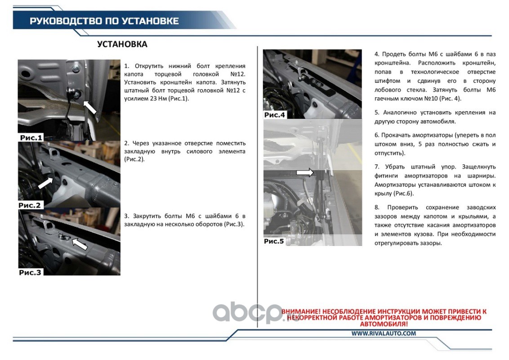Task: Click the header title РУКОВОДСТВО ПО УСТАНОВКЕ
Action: pyautogui.click(x=104, y=21)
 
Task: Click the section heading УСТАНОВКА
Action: pyautogui.click(x=122, y=44)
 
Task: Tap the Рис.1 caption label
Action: pyautogui.click(x=31, y=138)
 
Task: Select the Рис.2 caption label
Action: pyautogui.click(x=30, y=205)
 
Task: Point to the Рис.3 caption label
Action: pyautogui.click(x=30, y=272)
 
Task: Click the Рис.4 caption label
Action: pyautogui.click(x=275, y=115)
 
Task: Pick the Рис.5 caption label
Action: pyautogui.click(x=274, y=241)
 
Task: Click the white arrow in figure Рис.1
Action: pyautogui.click(x=90, y=107)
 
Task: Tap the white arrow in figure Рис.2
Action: pyautogui.click(x=45, y=183)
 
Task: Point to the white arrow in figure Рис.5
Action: pyautogui.click(x=305, y=172)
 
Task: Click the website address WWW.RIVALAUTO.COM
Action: pyautogui.click(x=384, y=333)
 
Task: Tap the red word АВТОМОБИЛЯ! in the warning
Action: pyautogui.click(x=384, y=324)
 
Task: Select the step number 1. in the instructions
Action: pyautogui.click(x=127, y=66)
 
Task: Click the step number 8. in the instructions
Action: pyautogui.click(x=377, y=207)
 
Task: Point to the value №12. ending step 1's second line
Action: pyautogui.click(x=237, y=74)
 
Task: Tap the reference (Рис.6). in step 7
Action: pyautogui.click(x=403, y=193)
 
